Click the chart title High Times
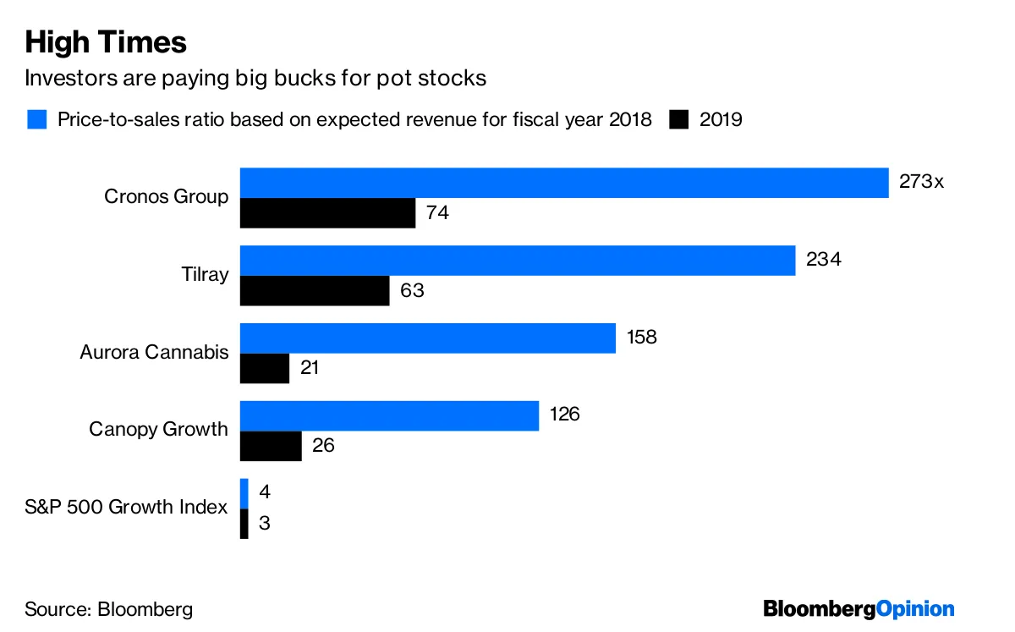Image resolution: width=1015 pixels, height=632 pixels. pos(106,41)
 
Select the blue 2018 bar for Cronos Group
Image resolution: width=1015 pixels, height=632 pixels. pos(564,183)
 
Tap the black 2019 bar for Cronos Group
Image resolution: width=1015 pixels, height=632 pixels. pos(327,213)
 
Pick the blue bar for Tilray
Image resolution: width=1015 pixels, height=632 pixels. pos(518,261)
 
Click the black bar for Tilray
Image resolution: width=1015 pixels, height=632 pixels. pos(315,290)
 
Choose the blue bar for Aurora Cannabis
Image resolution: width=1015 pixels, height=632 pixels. pos(427,338)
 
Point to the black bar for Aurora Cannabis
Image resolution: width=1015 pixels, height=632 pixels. pos(265,368)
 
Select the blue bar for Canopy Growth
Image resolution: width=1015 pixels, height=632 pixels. pos(389,415)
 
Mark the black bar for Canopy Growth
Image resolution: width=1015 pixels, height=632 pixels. pos(271,446)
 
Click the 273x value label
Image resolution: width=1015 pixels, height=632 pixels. pos(920,181)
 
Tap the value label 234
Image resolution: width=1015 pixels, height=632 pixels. pos(824,260)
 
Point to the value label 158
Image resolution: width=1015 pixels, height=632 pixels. pos(641,337)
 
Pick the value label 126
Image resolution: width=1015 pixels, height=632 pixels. pos(564,415)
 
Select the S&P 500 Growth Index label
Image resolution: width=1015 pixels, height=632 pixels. pos(126,508)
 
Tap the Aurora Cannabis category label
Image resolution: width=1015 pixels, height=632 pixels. pos(154,352)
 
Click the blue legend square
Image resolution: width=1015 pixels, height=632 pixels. pos(36,119)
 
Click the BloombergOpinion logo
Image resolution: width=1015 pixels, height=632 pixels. pos(859,608)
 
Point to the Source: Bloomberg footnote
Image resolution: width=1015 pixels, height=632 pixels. pos(108,609)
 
